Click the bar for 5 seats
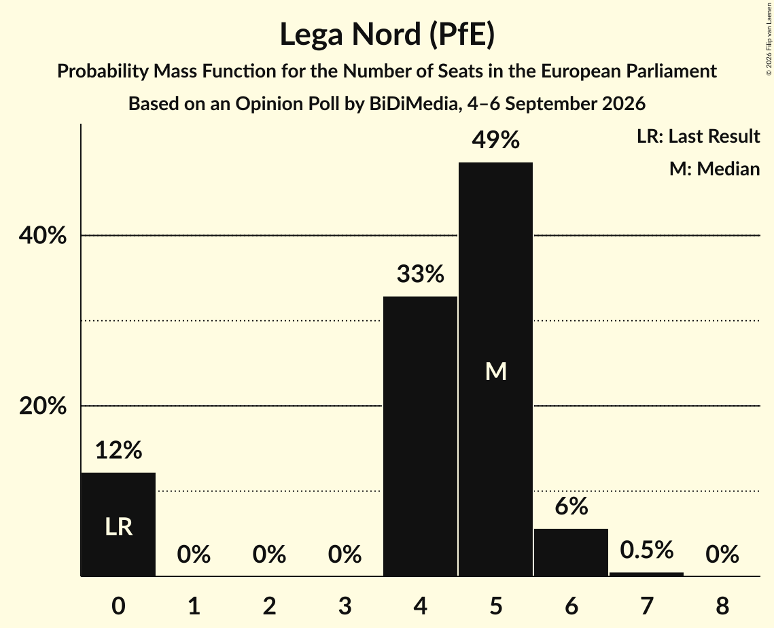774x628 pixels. click(495, 369)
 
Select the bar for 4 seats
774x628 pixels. click(420, 436)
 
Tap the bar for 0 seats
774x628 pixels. click(118, 524)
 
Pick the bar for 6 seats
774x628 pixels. click(571, 553)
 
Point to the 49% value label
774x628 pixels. click(495, 140)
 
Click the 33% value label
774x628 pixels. click(420, 273)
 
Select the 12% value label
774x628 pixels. click(118, 450)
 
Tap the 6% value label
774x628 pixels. click(571, 506)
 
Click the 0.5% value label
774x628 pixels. click(647, 550)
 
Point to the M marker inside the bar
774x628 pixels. click(495, 371)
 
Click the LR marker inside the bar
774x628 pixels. click(118, 527)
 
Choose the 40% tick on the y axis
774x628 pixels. click(42, 235)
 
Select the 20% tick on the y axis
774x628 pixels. click(42, 406)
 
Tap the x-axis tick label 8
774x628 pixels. click(722, 606)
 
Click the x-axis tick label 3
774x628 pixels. click(345, 606)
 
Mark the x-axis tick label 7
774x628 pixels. click(647, 606)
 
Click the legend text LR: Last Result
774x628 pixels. click(698, 136)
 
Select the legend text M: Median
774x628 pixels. click(714, 169)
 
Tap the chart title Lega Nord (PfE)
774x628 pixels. click(387, 35)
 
